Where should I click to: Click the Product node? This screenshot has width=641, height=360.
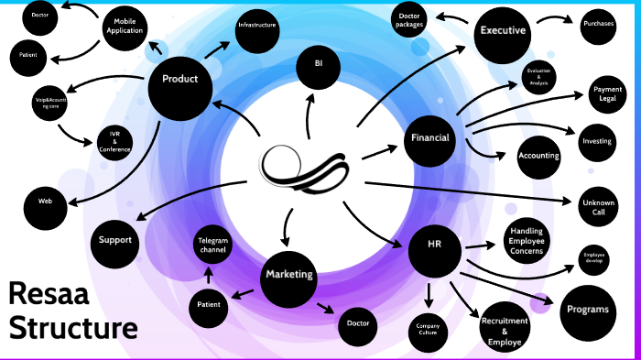(x=179, y=80)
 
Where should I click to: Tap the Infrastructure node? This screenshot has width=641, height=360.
(x=256, y=25)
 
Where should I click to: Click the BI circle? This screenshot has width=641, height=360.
(x=319, y=63)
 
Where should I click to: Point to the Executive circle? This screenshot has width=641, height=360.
(x=502, y=31)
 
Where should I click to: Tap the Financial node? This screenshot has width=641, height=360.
(x=430, y=139)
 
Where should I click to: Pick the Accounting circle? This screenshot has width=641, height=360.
(x=538, y=156)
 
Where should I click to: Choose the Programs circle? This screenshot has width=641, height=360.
(x=587, y=310)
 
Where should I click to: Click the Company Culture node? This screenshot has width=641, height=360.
(x=429, y=329)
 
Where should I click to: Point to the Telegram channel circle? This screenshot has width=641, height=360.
(x=212, y=245)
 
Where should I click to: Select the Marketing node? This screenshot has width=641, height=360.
(x=289, y=274)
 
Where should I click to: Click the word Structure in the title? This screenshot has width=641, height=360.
(x=73, y=327)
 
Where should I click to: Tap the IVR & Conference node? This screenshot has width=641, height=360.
(x=115, y=142)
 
